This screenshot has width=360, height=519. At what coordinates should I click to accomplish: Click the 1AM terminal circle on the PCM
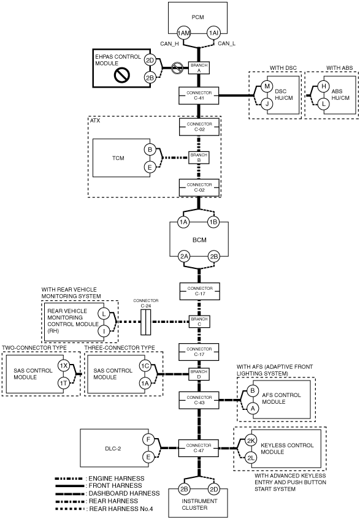(183, 33)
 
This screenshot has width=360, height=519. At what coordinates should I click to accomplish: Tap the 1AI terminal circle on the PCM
(213, 33)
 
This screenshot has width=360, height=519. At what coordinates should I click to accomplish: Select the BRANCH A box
(199, 68)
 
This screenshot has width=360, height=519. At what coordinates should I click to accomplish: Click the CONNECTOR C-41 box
(199, 96)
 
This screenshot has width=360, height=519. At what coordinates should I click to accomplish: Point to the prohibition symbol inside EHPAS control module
(121, 75)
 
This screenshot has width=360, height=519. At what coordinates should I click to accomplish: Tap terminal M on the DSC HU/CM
(267, 87)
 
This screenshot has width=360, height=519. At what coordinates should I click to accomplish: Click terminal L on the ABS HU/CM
(324, 104)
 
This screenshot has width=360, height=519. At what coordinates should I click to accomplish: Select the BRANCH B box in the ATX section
(199, 157)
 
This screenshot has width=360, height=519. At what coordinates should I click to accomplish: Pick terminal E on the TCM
(150, 167)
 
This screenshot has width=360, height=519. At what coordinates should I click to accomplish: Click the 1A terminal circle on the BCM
(183, 222)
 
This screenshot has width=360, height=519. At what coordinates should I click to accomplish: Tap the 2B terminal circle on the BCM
(214, 256)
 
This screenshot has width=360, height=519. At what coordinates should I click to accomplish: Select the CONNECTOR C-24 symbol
(146, 322)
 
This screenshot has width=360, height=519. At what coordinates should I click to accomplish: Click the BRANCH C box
(199, 322)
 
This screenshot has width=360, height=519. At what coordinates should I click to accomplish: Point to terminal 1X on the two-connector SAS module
(63, 365)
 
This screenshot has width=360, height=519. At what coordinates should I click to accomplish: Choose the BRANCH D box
(199, 374)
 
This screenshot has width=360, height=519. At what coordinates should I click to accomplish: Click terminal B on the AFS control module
(252, 390)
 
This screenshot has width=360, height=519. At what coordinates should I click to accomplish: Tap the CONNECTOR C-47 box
(199, 448)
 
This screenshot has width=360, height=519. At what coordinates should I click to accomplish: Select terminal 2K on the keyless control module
(251, 441)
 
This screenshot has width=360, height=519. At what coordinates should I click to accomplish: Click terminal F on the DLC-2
(148, 440)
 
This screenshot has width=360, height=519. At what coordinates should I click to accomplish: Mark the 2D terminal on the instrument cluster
(214, 489)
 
